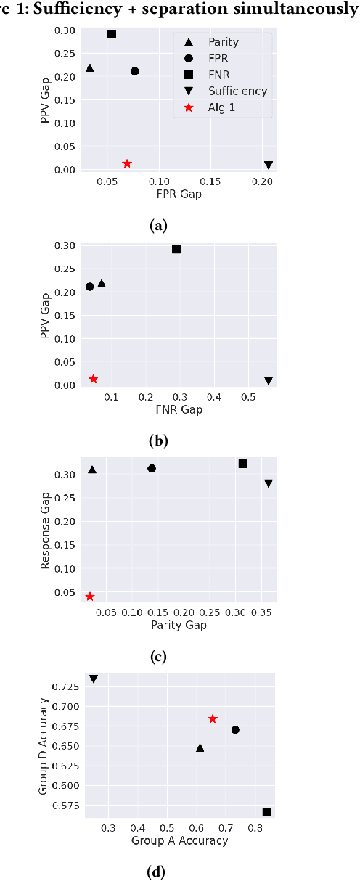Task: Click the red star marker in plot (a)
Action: pos(127,164)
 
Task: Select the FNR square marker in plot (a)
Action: pos(112,34)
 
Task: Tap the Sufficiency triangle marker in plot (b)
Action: pos(269,380)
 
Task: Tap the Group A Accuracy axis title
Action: pos(179,840)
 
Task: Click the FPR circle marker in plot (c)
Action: pos(152,468)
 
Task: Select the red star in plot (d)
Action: pos(213,718)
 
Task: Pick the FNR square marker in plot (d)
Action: pos(266,812)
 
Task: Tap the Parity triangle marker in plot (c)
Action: pos(92,470)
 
